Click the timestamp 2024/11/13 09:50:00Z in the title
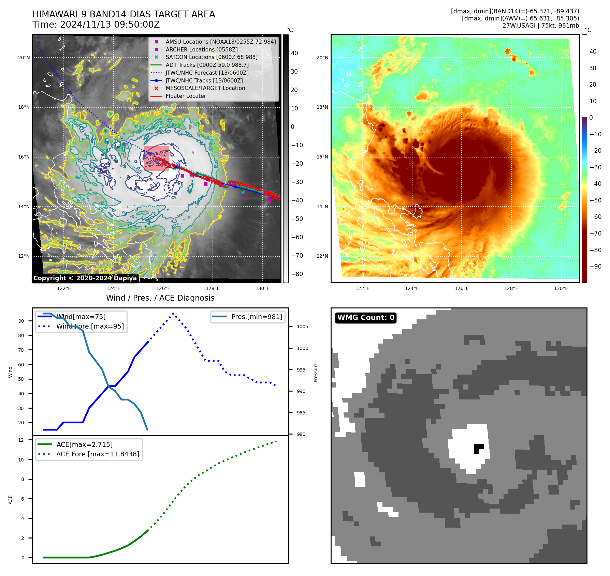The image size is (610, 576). [x=110, y=25]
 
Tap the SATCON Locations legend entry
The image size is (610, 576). [x=211, y=57]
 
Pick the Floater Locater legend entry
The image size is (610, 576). [x=186, y=96]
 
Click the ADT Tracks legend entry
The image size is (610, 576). [x=207, y=65]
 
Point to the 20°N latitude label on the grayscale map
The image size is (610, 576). [x=24, y=58]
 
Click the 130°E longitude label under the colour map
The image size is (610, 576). [x=561, y=289]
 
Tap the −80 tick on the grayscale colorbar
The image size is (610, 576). [x=297, y=274]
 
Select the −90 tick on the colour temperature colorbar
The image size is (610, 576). [x=595, y=267]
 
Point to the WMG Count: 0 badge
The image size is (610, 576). [x=366, y=318]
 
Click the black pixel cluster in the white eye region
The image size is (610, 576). [x=478, y=448]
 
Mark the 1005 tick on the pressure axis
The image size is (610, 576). [x=302, y=327]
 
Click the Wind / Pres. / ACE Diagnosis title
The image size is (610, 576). [x=160, y=298]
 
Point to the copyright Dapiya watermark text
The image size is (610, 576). [x=85, y=278]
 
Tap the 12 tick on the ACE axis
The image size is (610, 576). [x=21, y=440]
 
